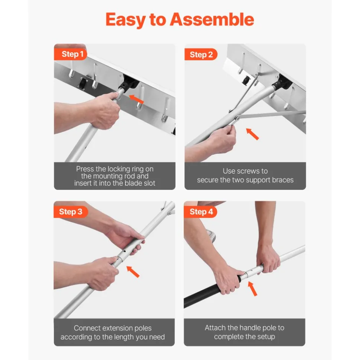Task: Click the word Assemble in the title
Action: click(x=212, y=20)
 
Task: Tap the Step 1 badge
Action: click(x=71, y=54)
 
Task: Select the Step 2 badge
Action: click(x=201, y=55)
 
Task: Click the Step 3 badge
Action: click(x=71, y=212)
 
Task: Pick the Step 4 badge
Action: click(x=200, y=212)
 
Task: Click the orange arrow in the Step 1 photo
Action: click(x=136, y=99)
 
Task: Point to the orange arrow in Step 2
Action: click(x=252, y=134)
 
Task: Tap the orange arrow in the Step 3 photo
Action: click(x=133, y=272)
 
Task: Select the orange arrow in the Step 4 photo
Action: click(x=252, y=289)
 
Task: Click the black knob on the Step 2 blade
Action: click(x=246, y=80)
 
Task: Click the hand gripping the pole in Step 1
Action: click(x=105, y=110)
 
